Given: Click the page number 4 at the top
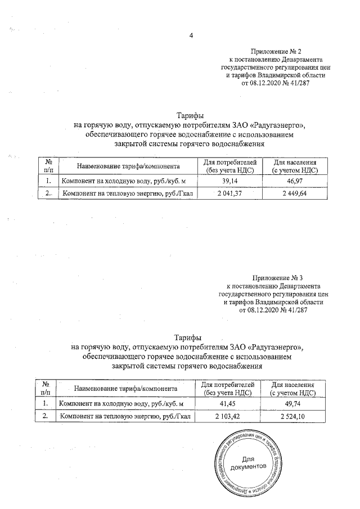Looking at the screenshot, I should (x=191, y=37).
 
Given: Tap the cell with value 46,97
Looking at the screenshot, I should (x=296, y=181).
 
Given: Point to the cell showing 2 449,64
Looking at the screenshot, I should (x=296, y=193).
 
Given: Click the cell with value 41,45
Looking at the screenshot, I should (x=227, y=404).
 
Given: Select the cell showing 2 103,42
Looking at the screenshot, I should (x=227, y=416).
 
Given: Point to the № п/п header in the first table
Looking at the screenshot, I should (x=48, y=166).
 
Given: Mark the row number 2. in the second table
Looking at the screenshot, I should (x=45, y=416).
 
